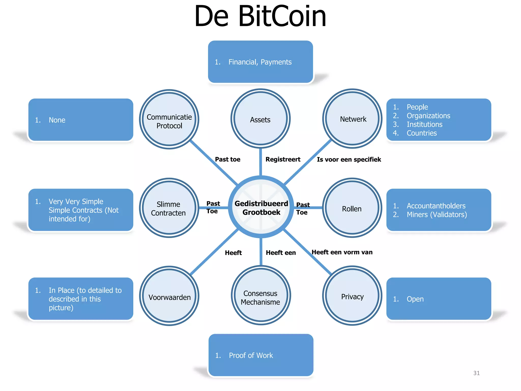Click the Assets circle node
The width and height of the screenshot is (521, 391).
pyautogui.click(x=260, y=119)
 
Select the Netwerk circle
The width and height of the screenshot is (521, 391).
pyautogui.click(x=352, y=119)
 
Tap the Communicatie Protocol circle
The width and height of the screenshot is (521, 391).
pyautogui.click(x=169, y=119)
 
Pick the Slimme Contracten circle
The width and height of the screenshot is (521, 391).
pyautogui.click(x=169, y=208)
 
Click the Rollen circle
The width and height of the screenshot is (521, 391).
pyautogui.click(x=352, y=208)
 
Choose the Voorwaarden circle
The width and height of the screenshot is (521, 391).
pyautogui.click(x=169, y=296)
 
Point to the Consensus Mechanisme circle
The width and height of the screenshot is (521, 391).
pyautogui.click(x=260, y=296)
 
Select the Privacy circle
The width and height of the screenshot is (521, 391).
pyautogui.click(x=352, y=296)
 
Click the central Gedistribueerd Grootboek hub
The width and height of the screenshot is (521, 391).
pyautogui.click(x=261, y=207)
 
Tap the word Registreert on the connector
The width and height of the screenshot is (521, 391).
pyautogui.click(x=283, y=159)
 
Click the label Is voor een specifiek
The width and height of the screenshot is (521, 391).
pyautogui.click(x=349, y=160)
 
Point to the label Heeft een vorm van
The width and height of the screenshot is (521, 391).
pyautogui.click(x=342, y=252)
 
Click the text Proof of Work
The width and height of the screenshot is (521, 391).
pyautogui.click(x=251, y=355)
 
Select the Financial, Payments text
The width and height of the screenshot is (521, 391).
pyautogui.click(x=260, y=62)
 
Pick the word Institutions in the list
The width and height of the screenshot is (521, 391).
pyautogui.click(x=424, y=124)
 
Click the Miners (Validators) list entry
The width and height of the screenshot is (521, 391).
pyautogui.click(x=437, y=215)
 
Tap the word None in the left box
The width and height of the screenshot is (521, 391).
pyautogui.click(x=57, y=120)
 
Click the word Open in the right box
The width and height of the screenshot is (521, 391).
pyautogui.click(x=415, y=299)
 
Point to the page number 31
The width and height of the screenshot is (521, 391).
pyautogui.click(x=476, y=373)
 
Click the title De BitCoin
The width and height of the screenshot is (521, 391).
pyautogui.click(x=260, y=17)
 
